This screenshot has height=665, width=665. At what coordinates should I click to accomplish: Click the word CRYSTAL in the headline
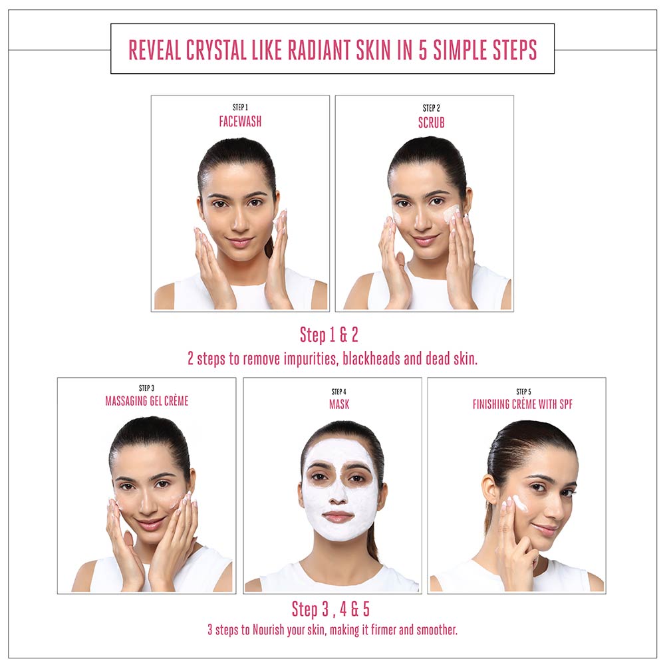click(x=216, y=50)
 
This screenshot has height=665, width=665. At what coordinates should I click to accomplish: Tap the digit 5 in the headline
click(x=423, y=50)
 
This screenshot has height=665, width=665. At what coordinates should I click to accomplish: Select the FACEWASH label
click(x=240, y=122)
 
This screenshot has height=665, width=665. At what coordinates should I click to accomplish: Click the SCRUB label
click(x=432, y=122)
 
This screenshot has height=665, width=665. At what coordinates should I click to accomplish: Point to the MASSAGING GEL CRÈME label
click(x=147, y=401)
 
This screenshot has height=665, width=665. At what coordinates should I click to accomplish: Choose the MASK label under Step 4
click(x=339, y=404)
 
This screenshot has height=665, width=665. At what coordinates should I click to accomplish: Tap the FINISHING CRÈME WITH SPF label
click(x=523, y=404)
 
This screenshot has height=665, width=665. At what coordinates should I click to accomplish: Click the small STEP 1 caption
click(x=240, y=107)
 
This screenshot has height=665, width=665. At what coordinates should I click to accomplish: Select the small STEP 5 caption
click(x=523, y=392)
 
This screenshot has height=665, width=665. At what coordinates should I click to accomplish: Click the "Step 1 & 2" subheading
click(x=329, y=334)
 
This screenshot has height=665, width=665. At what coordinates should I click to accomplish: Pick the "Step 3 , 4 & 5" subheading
click(x=331, y=609)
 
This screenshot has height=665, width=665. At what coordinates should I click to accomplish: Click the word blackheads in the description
click(x=371, y=359)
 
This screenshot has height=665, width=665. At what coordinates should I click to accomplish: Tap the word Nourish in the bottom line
click(x=269, y=630)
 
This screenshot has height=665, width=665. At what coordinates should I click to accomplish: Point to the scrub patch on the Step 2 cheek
click(x=451, y=213)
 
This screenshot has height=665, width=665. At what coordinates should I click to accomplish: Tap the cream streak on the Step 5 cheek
click(x=520, y=503)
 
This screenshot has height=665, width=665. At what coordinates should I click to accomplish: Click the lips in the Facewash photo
click(x=239, y=242)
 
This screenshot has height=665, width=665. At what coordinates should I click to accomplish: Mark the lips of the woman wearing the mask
click(x=338, y=517)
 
